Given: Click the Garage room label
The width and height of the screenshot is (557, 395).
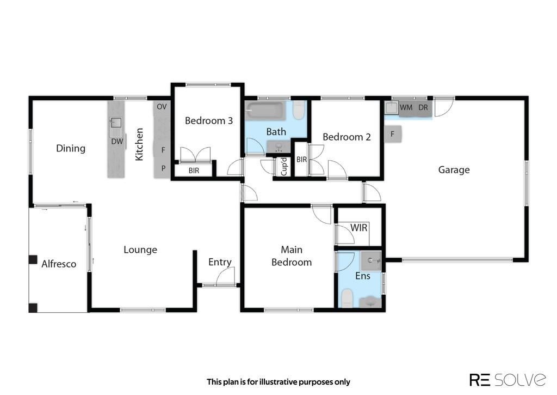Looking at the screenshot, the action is click(454, 170).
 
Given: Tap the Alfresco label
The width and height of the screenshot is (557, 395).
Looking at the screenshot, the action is click(59, 264).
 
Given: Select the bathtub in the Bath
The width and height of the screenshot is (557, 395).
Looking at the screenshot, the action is click(266, 111).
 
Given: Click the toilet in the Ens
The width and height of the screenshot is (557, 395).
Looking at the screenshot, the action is click(347, 298).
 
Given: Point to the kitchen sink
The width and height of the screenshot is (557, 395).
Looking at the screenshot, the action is click(116, 123).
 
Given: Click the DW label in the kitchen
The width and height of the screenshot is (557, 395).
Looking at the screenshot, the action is click(117, 141).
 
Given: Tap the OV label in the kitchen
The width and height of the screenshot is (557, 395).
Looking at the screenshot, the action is click(162, 106).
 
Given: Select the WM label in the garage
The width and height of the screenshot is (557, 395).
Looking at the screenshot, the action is click(406, 107).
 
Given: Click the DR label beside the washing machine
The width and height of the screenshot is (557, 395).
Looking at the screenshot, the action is click(423, 107).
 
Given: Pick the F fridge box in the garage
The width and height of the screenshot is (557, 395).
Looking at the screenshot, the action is click(393, 134).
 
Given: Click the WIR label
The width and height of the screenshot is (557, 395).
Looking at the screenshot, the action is click(359, 228).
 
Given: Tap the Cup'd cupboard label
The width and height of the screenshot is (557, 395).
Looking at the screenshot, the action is click(284, 167).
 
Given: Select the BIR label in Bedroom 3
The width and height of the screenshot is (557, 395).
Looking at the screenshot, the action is click(194, 171).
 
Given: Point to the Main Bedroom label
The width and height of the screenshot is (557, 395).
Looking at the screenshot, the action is click(292, 256).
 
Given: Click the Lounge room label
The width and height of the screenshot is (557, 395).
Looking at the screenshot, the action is click(140, 250).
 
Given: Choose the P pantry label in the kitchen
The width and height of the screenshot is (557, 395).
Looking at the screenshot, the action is click(163, 168).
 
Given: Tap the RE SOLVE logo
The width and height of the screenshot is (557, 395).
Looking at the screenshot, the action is click(508, 380).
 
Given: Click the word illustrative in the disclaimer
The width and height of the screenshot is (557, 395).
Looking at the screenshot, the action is click(278, 382).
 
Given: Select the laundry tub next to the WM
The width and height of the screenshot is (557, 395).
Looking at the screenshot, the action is click(392, 108).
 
